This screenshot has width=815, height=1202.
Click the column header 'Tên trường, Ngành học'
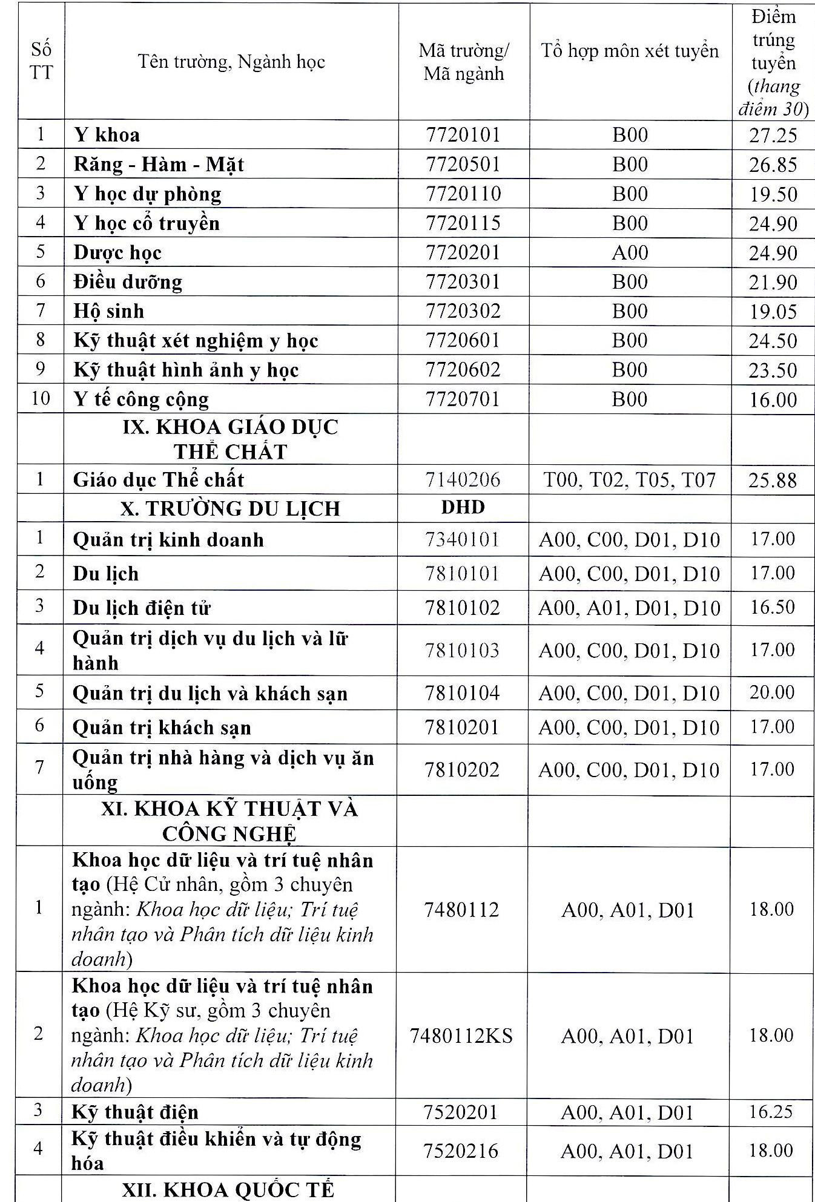point(231,62)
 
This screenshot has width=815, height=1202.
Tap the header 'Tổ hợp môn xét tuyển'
point(630,51)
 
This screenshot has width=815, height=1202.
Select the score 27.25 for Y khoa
point(773,135)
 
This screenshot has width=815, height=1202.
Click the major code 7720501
point(463,164)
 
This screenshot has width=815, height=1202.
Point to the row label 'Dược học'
point(117,252)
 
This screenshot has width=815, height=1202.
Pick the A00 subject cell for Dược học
point(630,252)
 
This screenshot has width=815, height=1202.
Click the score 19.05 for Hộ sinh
point(773,312)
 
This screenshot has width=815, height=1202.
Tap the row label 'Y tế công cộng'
point(141,399)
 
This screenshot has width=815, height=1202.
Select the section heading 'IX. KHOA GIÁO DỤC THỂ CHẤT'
point(230,439)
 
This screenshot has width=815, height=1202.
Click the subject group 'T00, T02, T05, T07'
point(630,481)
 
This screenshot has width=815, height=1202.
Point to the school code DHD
point(463,507)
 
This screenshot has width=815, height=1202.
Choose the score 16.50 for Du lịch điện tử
point(773,607)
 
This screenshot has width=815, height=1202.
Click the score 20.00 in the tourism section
point(773,692)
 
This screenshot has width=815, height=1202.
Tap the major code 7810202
point(463,770)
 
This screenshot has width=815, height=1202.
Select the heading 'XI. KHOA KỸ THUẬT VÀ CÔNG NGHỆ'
point(230,821)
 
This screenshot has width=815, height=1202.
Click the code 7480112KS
point(461,1036)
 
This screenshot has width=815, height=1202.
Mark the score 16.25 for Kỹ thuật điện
point(771,1111)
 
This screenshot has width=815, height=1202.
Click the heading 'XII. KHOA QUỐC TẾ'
point(228,1190)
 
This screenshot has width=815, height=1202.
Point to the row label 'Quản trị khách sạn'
point(162,727)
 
